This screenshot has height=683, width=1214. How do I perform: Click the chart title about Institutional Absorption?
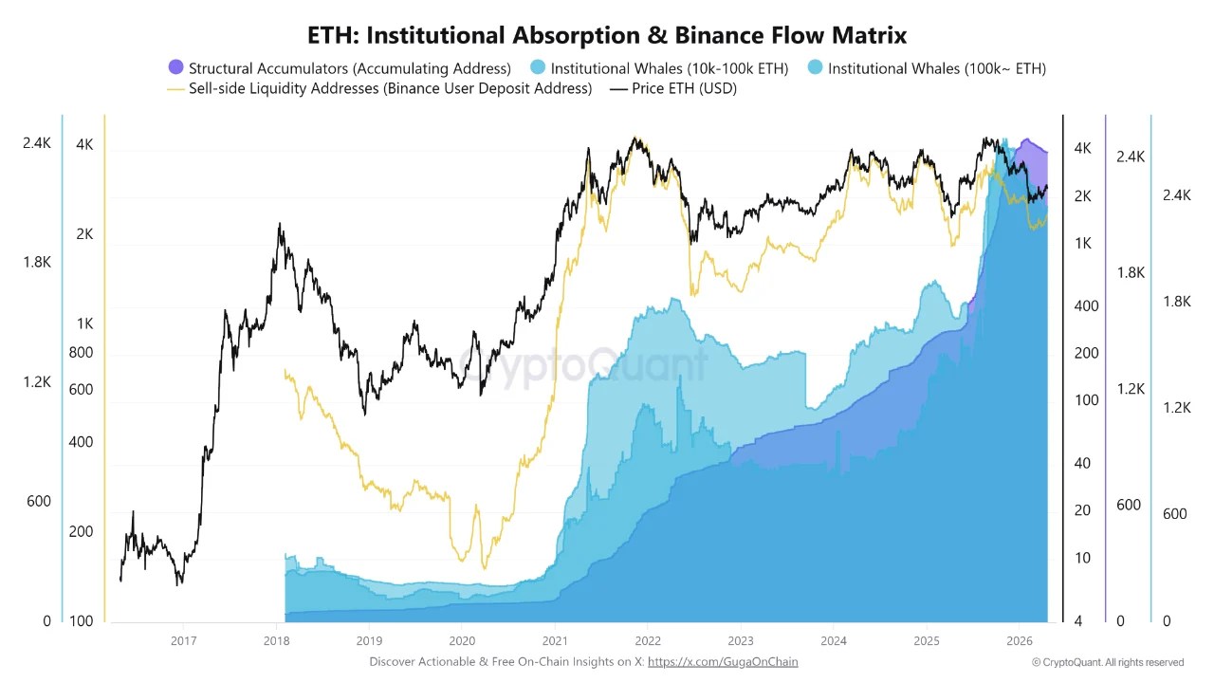pos(607,35)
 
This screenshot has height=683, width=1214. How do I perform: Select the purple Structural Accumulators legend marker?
pos(175,67)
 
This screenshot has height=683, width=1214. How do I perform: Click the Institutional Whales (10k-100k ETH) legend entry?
pos(659,68)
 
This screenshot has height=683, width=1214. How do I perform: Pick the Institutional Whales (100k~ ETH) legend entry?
pos(927,68)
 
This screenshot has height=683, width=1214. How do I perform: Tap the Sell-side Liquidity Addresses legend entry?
pos(379,88)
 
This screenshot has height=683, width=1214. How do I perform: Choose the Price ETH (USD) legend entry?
pos(672,88)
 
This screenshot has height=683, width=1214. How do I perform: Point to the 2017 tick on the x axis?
pos(184,640)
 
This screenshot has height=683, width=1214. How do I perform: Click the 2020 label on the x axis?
pos(462,640)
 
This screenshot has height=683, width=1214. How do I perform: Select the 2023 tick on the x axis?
pos(740,640)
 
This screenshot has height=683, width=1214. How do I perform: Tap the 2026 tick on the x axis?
pos(1019,640)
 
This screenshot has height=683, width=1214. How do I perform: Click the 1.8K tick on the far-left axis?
pos(37,263)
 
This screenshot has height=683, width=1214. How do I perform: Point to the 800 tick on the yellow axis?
pos(82,353)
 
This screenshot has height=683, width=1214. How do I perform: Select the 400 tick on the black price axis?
pos(1086,305)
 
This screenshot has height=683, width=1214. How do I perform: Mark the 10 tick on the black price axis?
pos(1082,558)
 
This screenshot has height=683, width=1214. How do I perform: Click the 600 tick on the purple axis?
pos(1129,505)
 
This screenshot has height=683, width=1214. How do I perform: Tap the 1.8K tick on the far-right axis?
pos(1176,301)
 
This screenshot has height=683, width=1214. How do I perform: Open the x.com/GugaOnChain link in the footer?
pos(723,662)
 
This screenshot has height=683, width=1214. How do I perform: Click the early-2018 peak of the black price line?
pos(279,225)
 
